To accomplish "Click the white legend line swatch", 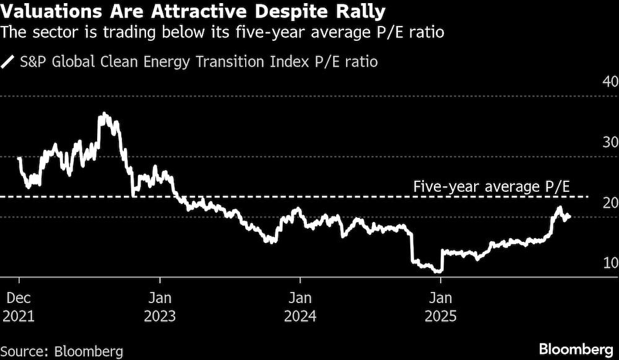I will (x=8, y=62).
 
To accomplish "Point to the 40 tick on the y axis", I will (x=610, y=82).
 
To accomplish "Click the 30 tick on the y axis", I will (x=610, y=142).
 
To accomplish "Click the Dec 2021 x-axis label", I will (x=19, y=306).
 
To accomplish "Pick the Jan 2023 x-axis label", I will (x=160, y=306).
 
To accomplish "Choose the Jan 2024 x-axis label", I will (x=300, y=306).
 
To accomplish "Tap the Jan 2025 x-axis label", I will (x=440, y=306).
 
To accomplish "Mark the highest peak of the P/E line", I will (x=103, y=114).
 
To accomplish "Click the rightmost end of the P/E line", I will (x=569, y=216).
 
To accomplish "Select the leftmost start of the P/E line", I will (x=19, y=158).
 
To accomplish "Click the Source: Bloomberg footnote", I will (x=62, y=350).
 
